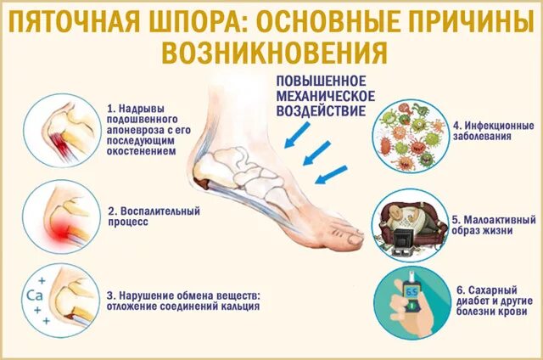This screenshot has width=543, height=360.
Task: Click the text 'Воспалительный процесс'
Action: click(x=142, y=214)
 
